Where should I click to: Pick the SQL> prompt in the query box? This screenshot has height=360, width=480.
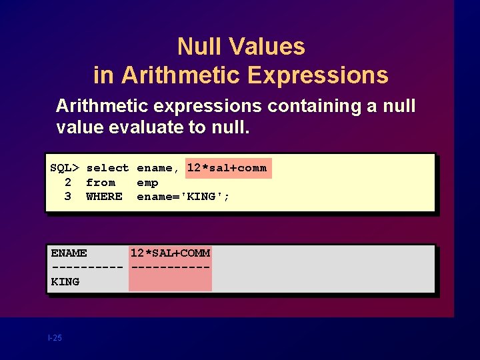pyautogui.click(x=65, y=168)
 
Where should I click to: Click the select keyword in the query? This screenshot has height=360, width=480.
pyautogui.click(x=107, y=168)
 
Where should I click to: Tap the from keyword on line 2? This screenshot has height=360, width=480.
pyautogui.click(x=101, y=182)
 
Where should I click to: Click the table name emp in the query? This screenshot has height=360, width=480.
pyautogui.click(x=147, y=182)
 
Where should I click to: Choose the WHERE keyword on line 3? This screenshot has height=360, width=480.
pyautogui.click(x=104, y=196)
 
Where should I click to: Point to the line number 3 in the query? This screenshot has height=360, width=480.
pyautogui.click(x=67, y=196)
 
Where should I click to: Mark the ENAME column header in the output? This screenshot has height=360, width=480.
pyautogui.click(x=69, y=253)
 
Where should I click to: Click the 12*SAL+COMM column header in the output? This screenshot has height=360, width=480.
pyautogui.click(x=170, y=253)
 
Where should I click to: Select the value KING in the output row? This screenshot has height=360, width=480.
pyautogui.click(x=65, y=281)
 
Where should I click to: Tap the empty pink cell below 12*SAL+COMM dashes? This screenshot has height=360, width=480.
pyautogui.click(x=170, y=281)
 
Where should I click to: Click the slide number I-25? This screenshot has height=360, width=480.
pyautogui.click(x=55, y=338)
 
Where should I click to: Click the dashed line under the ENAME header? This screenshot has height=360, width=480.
pyautogui.click(x=87, y=267)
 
